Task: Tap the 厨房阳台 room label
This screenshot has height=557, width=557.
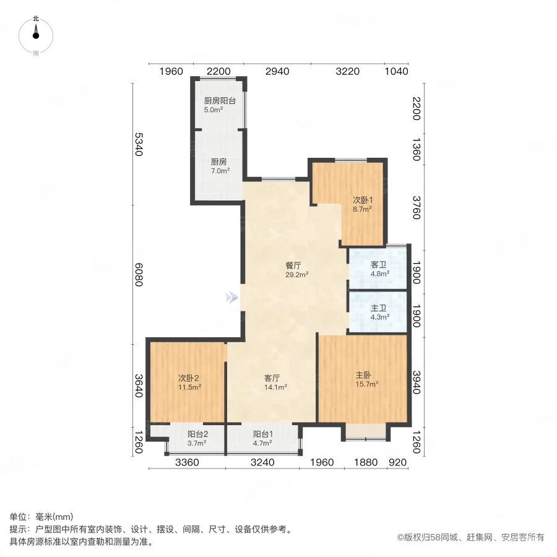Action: pos(220,105)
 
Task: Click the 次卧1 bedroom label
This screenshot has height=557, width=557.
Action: pos(362,204)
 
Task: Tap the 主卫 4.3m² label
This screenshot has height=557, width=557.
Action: pos(379,312)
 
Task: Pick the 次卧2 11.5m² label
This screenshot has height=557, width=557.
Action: pos(189,382)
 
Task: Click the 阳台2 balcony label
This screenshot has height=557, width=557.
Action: pos(197,438)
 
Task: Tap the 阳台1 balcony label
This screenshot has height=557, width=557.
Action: pos(262,438)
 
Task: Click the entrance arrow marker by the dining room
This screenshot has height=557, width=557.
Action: pos(232,298)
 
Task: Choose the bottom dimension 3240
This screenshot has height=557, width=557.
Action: pos(261,462)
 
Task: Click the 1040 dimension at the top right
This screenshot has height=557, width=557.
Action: pos(396,71)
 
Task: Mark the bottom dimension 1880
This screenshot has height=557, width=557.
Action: pos(365,462)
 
